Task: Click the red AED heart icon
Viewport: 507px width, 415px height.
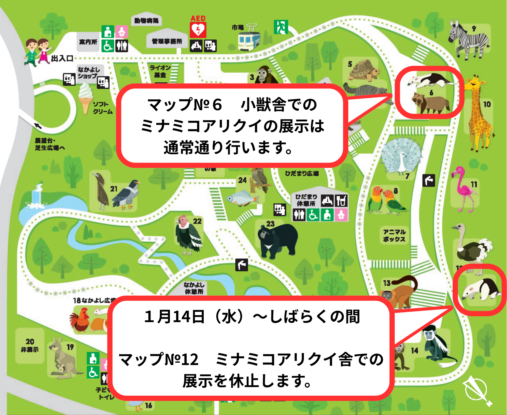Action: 198,30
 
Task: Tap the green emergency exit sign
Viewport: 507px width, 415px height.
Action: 281,27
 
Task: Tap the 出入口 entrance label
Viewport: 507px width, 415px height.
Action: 62,58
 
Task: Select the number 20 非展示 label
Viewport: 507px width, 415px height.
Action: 30,345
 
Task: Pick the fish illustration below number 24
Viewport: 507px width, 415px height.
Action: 243,197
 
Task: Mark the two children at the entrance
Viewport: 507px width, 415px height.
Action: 37,51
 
